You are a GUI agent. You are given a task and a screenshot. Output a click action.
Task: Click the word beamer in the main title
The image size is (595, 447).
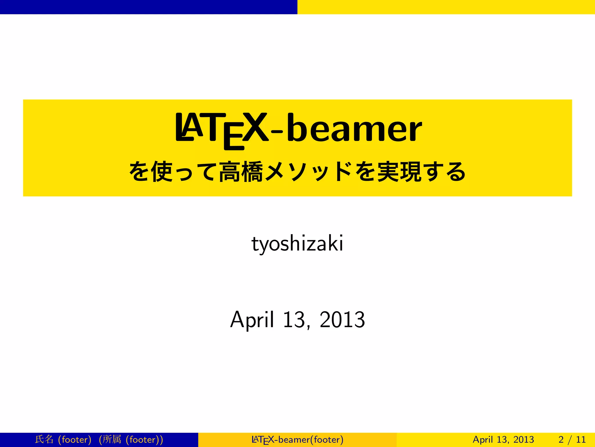[354, 128]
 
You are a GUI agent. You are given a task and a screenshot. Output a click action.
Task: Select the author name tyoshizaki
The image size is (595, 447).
[297, 244]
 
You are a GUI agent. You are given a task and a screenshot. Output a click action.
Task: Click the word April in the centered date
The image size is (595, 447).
[252, 320]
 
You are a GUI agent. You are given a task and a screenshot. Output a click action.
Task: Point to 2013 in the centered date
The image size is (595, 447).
[342, 320]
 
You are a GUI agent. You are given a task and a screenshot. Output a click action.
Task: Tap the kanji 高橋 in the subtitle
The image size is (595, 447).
[241, 172]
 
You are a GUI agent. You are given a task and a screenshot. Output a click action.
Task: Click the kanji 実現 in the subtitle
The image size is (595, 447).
[399, 172]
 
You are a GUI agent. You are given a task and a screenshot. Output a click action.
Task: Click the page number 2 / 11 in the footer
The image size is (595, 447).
[572, 439]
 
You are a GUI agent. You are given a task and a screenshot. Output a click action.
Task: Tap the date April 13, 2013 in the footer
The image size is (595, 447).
[503, 439]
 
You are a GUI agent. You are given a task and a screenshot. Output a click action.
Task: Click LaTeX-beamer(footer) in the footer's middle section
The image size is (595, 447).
[297, 439]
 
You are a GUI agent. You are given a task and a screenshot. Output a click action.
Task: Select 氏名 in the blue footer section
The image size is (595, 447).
[44, 439]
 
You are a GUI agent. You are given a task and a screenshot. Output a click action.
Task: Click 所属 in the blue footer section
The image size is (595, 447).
[112, 439]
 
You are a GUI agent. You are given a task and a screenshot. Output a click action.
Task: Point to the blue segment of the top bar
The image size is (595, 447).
[148, 7]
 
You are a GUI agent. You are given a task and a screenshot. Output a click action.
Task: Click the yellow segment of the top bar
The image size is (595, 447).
[446, 7]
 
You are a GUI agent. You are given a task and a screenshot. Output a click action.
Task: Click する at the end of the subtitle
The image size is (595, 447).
[444, 172]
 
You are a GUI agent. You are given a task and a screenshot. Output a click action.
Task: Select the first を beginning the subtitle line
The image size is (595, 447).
[139, 172]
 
